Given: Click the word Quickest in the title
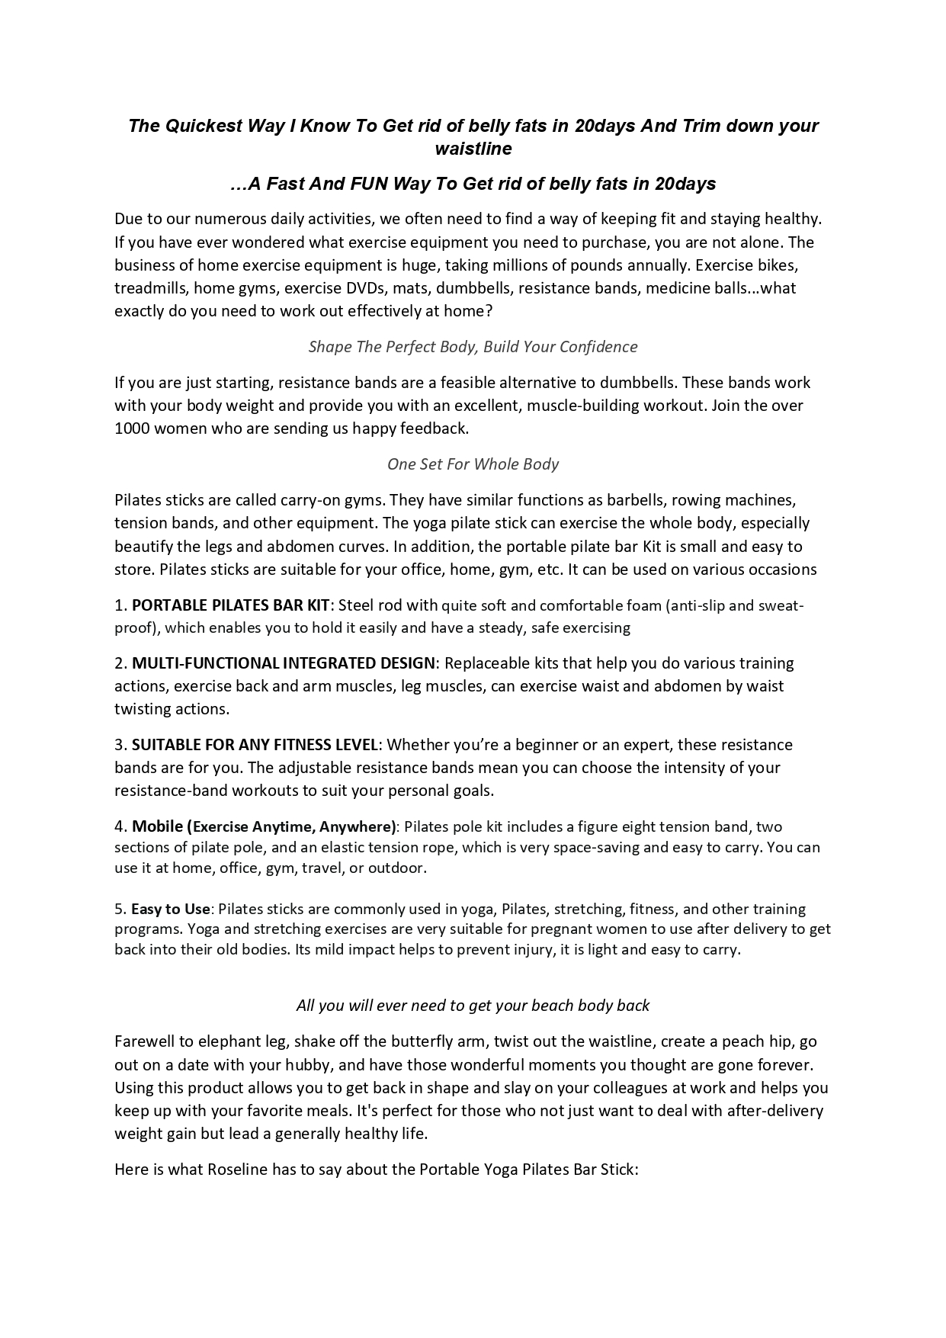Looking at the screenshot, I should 200,126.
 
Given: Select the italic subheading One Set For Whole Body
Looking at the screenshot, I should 473,464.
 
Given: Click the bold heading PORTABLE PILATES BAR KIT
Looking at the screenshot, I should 230,605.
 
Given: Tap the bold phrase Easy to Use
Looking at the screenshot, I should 170,909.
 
